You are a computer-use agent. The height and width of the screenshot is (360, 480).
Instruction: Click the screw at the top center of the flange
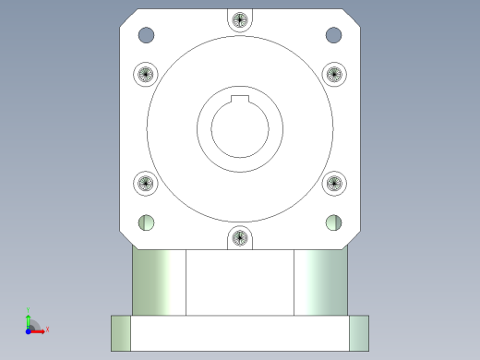(240, 19)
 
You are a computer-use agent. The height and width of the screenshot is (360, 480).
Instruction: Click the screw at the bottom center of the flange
(240, 239)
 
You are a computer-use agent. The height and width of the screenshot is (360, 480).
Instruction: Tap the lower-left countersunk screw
(146, 184)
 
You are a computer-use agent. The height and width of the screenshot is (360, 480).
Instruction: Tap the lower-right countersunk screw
(333, 184)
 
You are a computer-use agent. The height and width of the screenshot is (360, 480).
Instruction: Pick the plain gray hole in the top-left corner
(147, 36)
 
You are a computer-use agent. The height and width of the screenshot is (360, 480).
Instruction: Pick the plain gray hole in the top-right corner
(333, 36)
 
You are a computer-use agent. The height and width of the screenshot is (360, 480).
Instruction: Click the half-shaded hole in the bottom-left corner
(146, 222)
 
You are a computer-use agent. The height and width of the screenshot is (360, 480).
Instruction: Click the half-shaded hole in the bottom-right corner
(334, 222)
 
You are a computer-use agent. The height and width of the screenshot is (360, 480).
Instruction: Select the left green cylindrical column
(159, 282)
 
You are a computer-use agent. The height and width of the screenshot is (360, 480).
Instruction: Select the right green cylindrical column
(320, 282)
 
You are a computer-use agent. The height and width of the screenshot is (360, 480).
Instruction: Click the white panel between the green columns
(240, 282)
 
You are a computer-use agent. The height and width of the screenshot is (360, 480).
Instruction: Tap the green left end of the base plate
(120, 332)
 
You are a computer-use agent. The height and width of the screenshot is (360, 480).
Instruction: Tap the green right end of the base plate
(358, 332)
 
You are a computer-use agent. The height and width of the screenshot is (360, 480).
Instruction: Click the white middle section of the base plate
(240, 332)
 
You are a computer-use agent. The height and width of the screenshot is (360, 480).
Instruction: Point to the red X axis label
(47, 329)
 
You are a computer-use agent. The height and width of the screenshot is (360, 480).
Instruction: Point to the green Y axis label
(30, 311)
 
